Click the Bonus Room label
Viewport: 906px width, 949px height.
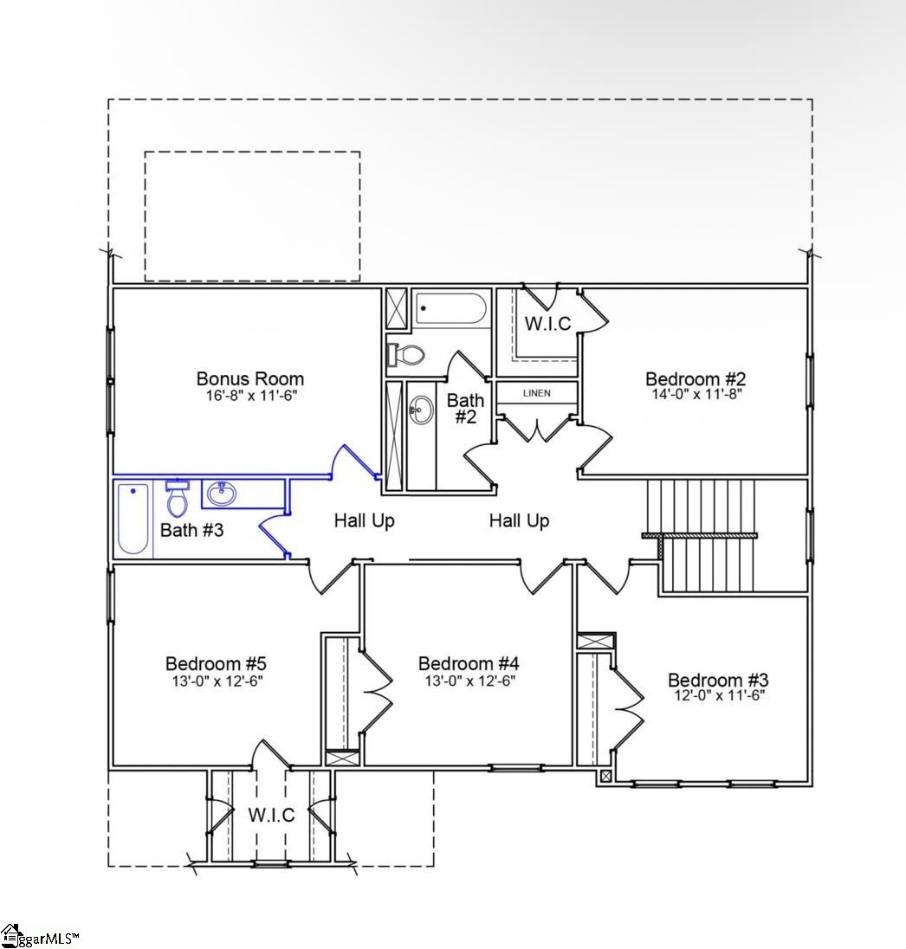(249, 378)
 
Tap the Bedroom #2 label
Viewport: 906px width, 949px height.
(696, 378)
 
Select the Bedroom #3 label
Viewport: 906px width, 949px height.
(717, 680)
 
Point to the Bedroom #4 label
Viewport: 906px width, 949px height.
(469, 663)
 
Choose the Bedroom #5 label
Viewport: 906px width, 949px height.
(216, 663)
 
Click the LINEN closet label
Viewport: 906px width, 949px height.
(536, 393)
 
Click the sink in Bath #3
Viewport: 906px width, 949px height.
(221, 494)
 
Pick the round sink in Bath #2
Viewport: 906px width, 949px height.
(422, 410)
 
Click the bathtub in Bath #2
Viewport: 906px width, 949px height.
(451, 308)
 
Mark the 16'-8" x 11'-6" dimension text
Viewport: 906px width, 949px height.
(249, 395)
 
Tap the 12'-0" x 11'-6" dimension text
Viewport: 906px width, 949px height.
(717, 695)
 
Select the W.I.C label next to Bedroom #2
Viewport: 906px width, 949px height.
(548, 323)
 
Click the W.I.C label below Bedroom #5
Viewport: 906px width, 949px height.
(271, 815)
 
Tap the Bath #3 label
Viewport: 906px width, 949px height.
(191, 530)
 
